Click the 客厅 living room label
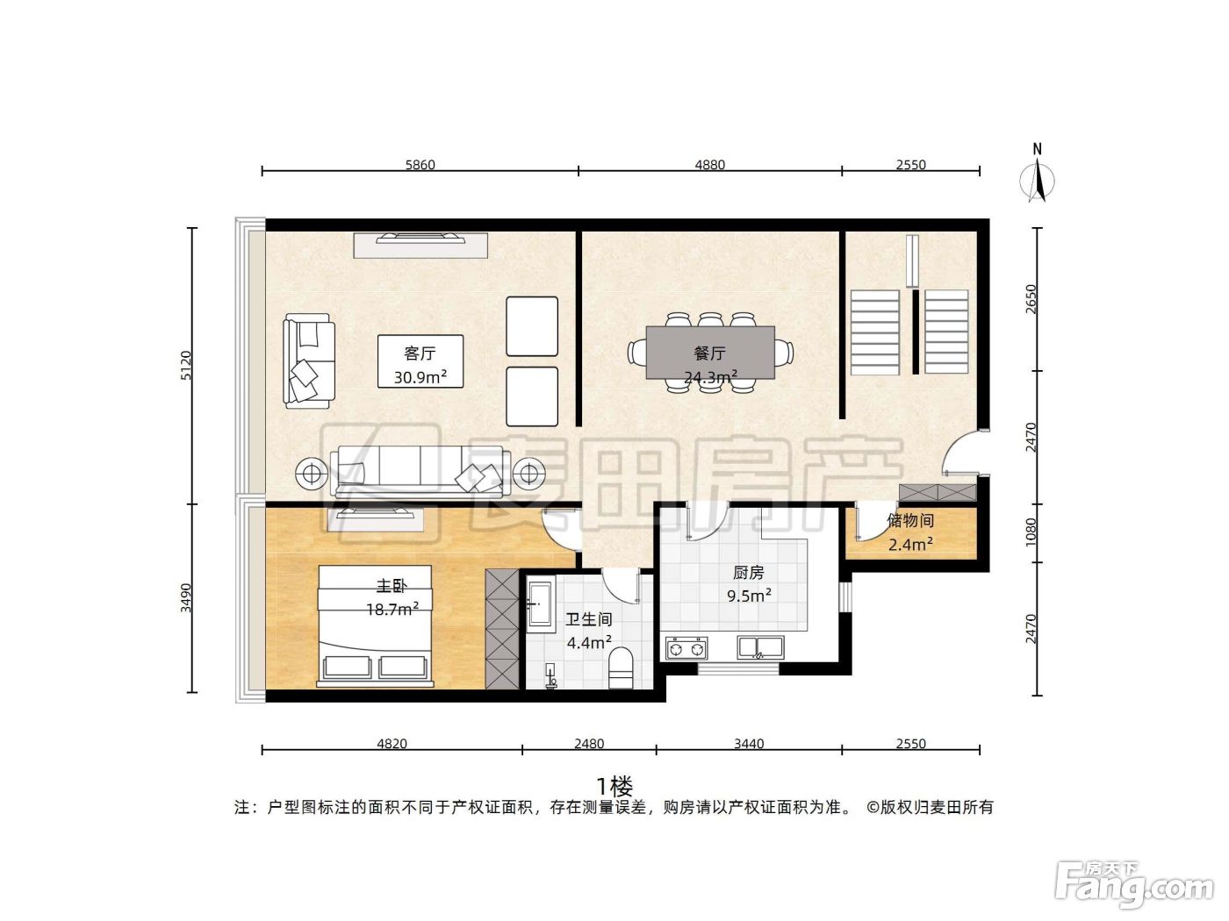pos(420,353)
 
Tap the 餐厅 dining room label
pos(709,353)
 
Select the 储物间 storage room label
pos(910,521)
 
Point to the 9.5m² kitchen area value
pos(749,595)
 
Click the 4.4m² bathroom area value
pos(589,642)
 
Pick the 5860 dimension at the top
pos(420,164)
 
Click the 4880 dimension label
pos(709,164)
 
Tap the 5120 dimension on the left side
pos(186,365)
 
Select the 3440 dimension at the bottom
pos(749,743)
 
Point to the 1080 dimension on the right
pos(1031,532)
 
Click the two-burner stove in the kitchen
pos(686,649)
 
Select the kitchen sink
pos(760,648)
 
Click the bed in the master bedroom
pos(375,625)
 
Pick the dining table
pos(710,353)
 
